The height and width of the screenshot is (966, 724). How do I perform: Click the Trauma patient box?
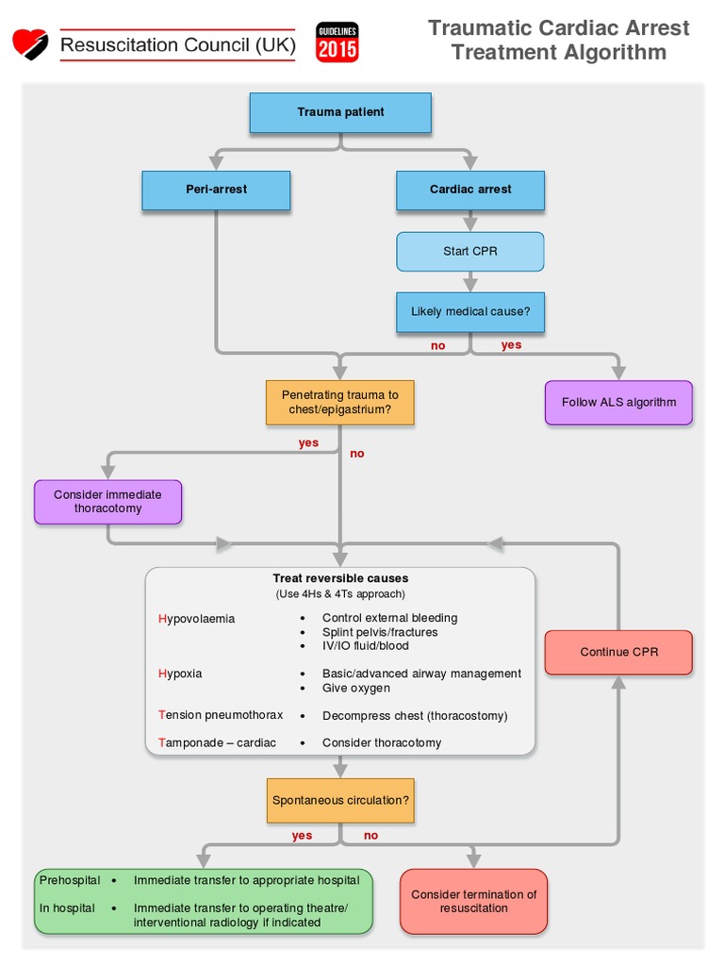[x=340, y=112]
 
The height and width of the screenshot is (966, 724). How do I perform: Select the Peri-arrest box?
[x=216, y=190]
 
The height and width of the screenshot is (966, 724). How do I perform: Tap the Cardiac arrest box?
[x=470, y=190]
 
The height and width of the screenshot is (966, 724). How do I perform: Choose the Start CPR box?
[x=470, y=252]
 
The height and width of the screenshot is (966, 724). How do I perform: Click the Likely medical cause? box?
[x=470, y=312]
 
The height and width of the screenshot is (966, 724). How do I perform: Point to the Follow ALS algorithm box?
[x=618, y=403]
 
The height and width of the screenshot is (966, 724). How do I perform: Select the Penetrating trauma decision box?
[x=340, y=403]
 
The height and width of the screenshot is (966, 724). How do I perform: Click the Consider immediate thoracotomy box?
[x=107, y=502]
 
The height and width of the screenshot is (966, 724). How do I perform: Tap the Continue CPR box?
[x=618, y=652]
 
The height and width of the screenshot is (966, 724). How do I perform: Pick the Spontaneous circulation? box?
[x=340, y=800]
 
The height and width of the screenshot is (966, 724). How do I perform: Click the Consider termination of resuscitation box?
[x=473, y=901]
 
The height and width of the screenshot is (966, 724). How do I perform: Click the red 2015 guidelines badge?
[x=337, y=43]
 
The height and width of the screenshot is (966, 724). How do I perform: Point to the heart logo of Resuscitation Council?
[x=30, y=43]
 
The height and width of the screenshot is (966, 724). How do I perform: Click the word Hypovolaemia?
[x=197, y=619]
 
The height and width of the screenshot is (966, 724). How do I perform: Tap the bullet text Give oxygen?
[x=356, y=689]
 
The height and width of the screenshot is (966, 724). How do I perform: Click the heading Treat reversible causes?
[x=340, y=578]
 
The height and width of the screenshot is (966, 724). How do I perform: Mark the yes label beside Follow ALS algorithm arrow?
[x=511, y=345]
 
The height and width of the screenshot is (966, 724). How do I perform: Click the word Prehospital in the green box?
[x=70, y=880]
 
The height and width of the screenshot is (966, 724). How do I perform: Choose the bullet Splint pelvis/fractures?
[x=380, y=632]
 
